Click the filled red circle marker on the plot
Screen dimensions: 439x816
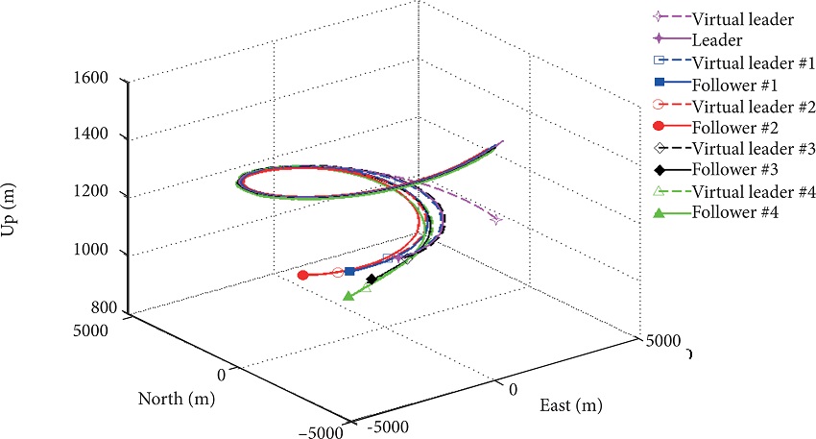tap(303, 276)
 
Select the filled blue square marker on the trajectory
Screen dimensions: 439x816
tap(349, 272)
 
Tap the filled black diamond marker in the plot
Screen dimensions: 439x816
tap(372, 280)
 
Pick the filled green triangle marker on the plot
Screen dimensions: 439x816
tap(348, 296)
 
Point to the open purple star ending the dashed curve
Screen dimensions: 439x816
tap(495, 220)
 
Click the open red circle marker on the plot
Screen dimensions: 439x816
tap(337, 273)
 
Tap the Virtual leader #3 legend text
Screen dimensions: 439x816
tap(739, 148)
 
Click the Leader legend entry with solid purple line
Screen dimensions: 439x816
tap(709, 39)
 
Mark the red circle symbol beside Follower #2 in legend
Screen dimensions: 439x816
tap(658, 127)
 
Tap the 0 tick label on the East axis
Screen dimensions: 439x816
tap(513, 389)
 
